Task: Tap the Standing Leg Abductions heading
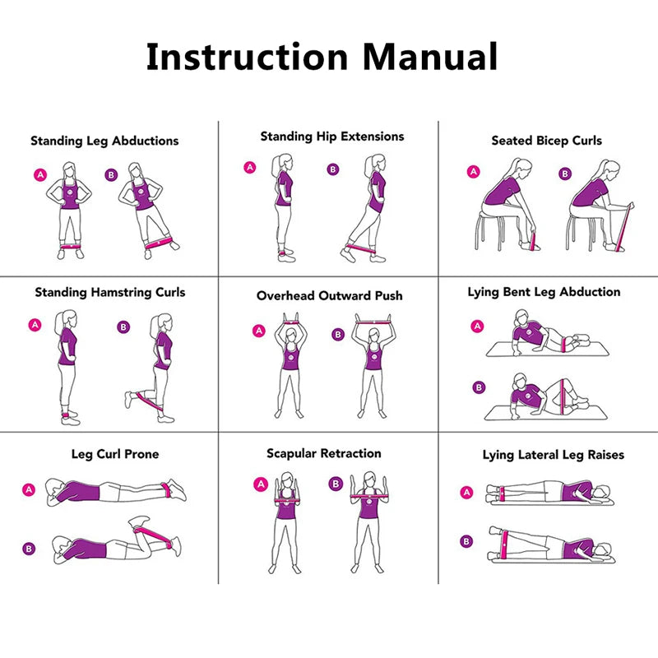click(104, 141)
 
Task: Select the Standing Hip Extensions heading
click(332, 137)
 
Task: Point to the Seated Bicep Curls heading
click(546, 141)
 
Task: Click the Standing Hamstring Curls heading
click(110, 292)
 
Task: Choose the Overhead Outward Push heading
click(329, 295)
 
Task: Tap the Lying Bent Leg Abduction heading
click(544, 292)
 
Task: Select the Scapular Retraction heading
click(323, 453)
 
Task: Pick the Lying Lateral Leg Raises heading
click(553, 455)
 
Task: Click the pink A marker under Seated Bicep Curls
click(473, 172)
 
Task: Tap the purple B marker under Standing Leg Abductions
click(111, 174)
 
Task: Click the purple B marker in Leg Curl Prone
click(29, 549)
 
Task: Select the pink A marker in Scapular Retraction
click(261, 484)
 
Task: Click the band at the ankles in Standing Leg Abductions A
click(70, 244)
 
